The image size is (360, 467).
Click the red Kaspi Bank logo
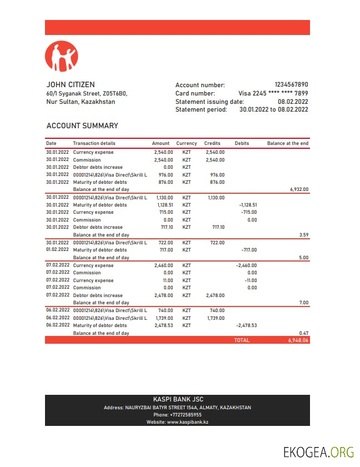62,57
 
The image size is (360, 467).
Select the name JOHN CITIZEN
71,84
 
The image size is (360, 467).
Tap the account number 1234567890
291,85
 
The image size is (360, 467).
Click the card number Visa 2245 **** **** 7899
273,93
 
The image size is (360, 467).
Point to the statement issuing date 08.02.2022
293,102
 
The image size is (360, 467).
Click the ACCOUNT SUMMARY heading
82,126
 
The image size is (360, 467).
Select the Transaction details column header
94,143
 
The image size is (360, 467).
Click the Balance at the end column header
287,143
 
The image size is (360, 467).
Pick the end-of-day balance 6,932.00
299,189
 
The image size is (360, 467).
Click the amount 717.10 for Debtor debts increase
164,227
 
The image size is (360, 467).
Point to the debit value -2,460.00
246,265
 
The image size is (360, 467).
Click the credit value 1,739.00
215,318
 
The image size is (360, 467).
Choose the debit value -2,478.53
246,325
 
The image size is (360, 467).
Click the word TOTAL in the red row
242,340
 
